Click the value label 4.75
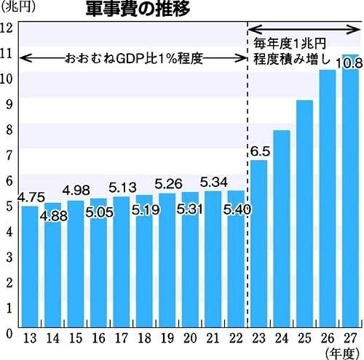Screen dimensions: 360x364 [x=30, y=196]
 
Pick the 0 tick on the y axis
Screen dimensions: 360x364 [x=8, y=334]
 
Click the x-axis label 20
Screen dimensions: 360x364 [x=190, y=338]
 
